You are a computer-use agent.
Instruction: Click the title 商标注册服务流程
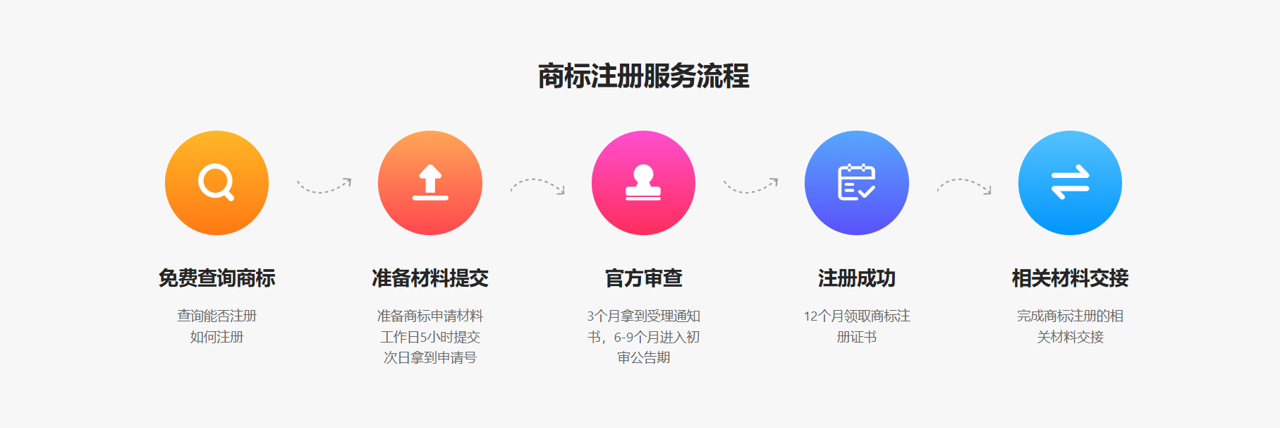click(x=643, y=76)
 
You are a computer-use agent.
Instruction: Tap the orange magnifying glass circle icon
click(x=217, y=183)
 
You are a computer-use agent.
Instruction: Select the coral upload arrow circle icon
click(x=430, y=183)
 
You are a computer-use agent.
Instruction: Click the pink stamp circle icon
click(x=643, y=183)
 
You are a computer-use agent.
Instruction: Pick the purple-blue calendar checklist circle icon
click(x=856, y=183)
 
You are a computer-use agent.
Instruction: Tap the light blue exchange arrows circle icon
click(x=1070, y=183)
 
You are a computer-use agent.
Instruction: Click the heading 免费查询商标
click(x=217, y=278)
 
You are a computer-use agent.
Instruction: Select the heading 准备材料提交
click(x=430, y=278)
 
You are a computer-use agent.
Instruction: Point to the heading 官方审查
click(x=643, y=278)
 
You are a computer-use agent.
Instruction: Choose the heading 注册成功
click(x=856, y=278)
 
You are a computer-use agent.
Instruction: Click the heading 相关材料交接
click(x=1070, y=278)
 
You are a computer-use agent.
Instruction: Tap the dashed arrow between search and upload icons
click(x=324, y=186)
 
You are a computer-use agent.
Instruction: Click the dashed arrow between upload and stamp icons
click(x=537, y=186)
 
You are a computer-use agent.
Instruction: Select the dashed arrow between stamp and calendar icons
click(x=750, y=186)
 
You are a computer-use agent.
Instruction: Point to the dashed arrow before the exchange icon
click(x=964, y=186)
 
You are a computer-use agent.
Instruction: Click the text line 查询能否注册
click(x=217, y=316)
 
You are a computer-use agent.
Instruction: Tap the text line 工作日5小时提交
click(x=430, y=337)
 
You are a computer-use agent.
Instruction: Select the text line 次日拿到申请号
click(x=430, y=357)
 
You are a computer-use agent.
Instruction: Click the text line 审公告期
click(x=643, y=357)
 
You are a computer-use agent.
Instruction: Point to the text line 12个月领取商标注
click(x=856, y=316)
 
